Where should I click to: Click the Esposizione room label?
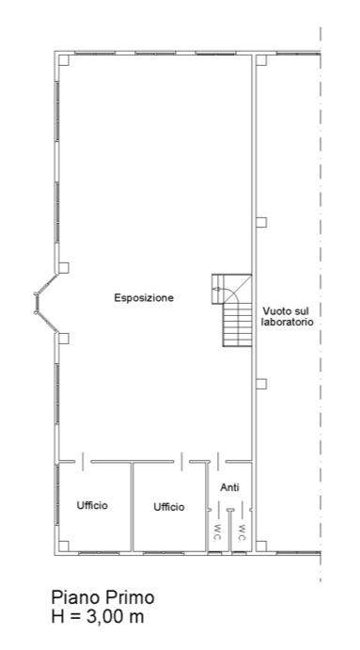pos(144,298)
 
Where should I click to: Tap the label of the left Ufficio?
pos(92,505)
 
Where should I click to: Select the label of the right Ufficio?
pos(169,507)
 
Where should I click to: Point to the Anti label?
pos(229,487)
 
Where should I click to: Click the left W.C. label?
pos(217,532)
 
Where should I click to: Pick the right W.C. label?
pos(242,532)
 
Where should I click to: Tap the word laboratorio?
pos(287,322)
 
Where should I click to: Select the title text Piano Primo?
pos(102,597)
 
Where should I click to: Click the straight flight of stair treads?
pos(238,325)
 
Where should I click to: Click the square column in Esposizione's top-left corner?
pos(63,60)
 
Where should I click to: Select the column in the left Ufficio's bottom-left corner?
pos(63,546)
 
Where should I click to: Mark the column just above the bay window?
pos(63,268)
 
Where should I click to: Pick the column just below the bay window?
pos(63,339)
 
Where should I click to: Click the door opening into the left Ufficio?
pos(83,461)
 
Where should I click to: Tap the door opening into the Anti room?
pos(218,461)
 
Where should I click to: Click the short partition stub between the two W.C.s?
pos(230,531)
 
